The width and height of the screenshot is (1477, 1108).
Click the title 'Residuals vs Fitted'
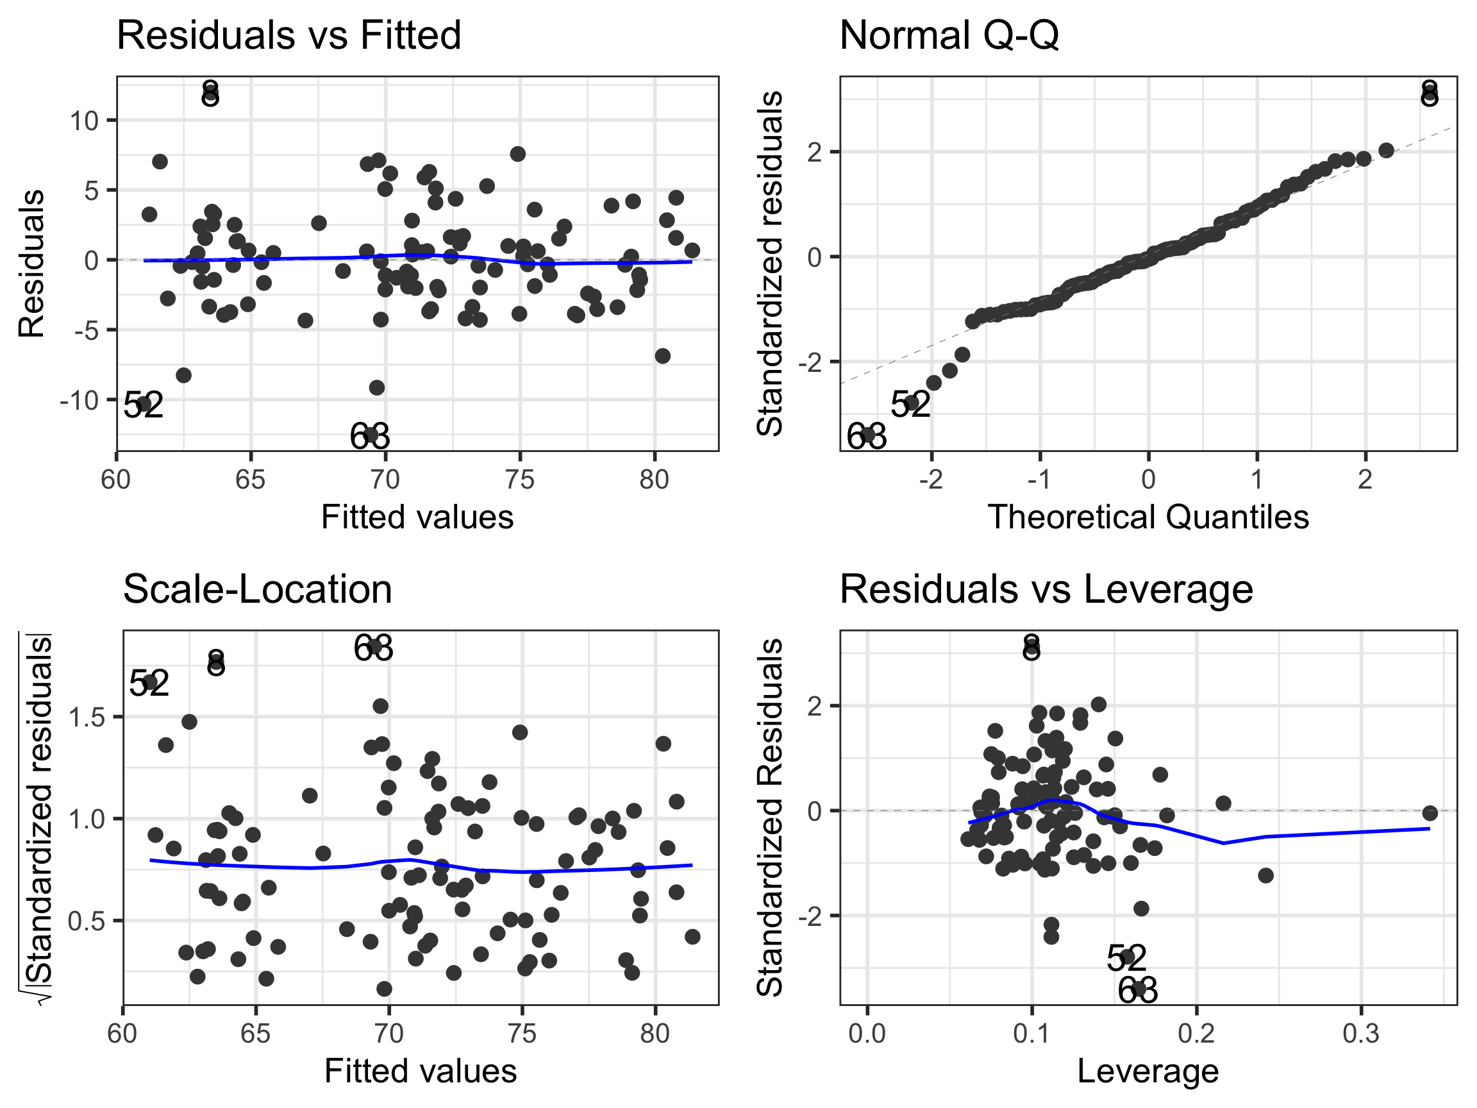288,35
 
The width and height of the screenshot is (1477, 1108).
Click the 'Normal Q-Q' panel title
948,35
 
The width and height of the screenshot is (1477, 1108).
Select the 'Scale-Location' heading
257,590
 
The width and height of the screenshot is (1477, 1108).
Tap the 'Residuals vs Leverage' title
1046,590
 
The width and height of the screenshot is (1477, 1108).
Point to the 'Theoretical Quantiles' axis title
1147,517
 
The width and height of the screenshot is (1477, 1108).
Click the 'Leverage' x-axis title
1147,1071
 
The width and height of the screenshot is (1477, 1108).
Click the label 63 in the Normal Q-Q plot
866,437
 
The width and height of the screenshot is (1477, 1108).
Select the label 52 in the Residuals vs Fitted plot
144,405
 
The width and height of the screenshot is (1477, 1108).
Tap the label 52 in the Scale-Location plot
148,684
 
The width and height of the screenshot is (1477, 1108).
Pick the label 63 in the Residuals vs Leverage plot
1137,990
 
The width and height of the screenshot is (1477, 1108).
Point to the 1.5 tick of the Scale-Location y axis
87,718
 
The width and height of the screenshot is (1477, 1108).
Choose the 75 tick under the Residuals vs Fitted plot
519,480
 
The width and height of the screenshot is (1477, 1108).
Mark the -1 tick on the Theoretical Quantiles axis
1039,480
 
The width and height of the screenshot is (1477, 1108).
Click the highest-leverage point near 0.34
1430,813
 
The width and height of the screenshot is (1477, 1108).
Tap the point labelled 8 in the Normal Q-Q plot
1429,97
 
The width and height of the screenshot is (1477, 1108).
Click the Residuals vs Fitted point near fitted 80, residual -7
662,356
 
